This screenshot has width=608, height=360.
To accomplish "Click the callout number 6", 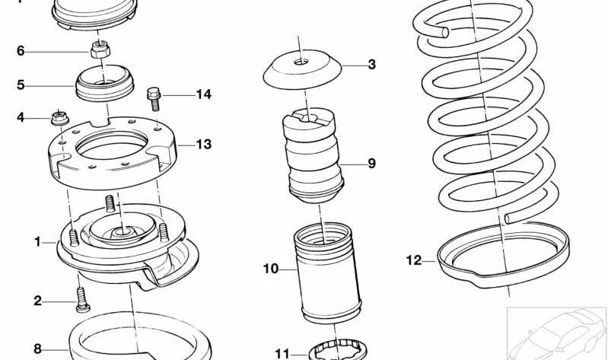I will pos(21,51).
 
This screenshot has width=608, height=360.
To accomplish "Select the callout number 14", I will pos(203,95).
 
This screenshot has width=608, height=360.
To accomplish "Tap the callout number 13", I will pos(203,144).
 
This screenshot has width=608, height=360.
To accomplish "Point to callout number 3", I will pos(371,65).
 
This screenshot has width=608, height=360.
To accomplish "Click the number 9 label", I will pos(371,163).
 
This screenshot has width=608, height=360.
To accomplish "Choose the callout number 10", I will pos(272,269).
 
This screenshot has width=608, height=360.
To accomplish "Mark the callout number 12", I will pos(413,260).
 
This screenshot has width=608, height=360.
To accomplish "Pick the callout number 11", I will pos(282,353).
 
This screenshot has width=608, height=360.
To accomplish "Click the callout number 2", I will pos(37,301).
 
